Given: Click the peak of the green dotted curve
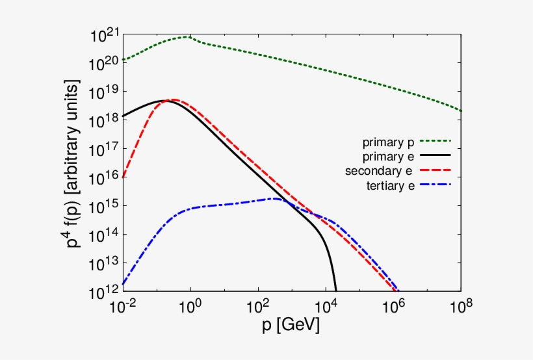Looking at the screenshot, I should [x=187, y=37].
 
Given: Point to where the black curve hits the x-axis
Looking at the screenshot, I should [x=335, y=290].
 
